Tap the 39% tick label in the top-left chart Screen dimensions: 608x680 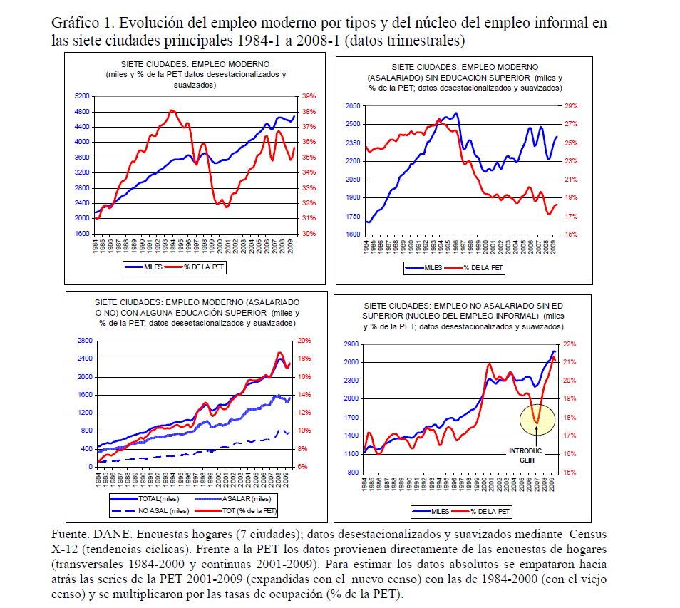point(308,96)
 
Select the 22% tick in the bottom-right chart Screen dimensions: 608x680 point(572,344)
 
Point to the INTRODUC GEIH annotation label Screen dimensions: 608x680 point(527,455)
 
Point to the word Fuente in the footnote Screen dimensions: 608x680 point(70,534)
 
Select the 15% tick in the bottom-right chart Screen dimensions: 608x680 point(572,472)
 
